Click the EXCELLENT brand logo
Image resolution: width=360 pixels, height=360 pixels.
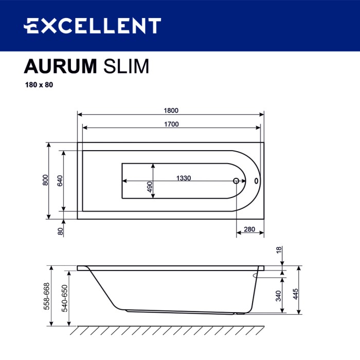[x=93, y=25]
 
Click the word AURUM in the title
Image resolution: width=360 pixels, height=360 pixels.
[x=60, y=67]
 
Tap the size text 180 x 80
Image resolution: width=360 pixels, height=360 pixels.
[x=39, y=85]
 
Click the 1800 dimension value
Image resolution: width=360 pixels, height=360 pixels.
[x=171, y=111]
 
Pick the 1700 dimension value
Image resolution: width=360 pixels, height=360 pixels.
[x=171, y=124]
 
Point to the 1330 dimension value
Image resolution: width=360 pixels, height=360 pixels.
[x=184, y=178]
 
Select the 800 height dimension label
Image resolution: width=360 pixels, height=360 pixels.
[x=45, y=181]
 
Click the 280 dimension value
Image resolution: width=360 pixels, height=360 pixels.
[x=250, y=229]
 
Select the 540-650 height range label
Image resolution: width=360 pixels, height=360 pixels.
[x=64, y=297]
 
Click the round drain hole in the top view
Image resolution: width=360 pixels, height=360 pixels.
[x=237, y=181]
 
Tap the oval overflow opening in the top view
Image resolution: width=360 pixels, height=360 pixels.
[x=256, y=181]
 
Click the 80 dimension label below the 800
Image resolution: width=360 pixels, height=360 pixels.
[x=60, y=231]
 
